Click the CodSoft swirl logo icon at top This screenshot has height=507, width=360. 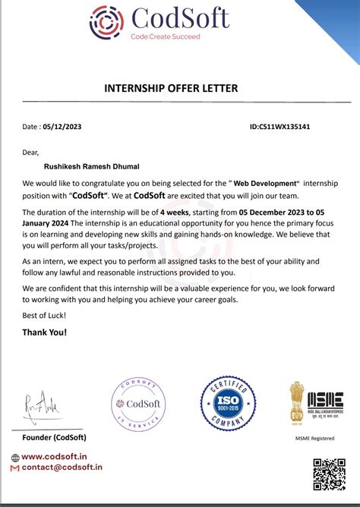pyautogui.click(x=106, y=22)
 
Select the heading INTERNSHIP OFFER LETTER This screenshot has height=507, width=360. pyautogui.click(x=171, y=89)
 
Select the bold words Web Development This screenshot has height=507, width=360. pyautogui.click(x=266, y=184)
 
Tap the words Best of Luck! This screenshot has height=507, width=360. pyautogui.click(x=44, y=315)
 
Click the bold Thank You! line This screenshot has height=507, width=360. pyautogui.click(x=45, y=332)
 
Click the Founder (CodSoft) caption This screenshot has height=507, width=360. pyautogui.click(x=54, y=437)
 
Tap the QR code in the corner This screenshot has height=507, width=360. pyautogui.click(x=329, y=474)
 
